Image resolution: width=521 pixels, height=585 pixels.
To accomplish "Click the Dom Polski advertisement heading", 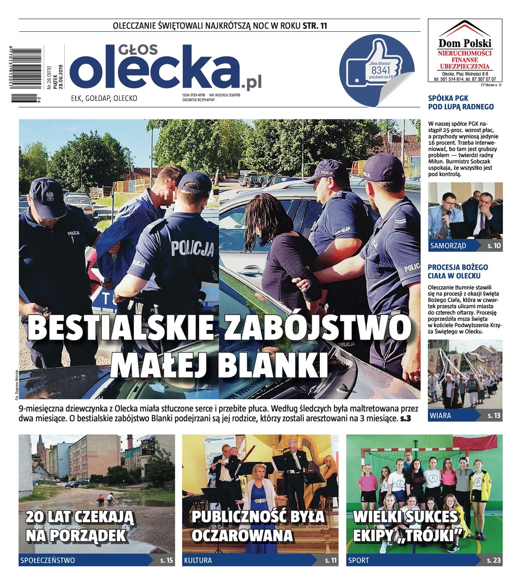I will coord(465,43).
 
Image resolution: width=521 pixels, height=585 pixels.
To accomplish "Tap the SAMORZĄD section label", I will coord(448,246).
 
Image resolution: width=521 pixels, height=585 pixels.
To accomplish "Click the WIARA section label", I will coord(440,416).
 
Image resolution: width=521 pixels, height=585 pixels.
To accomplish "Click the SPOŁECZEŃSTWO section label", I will coord(48,560).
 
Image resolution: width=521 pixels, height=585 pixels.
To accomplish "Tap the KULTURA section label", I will coord(198,560).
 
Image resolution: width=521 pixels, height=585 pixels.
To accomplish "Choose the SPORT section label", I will coord(358,560).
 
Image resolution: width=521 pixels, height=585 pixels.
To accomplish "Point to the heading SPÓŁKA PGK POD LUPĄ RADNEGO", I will coord(461,102).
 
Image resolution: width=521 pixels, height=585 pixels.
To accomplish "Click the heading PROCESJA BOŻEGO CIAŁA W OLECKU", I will coord(458,272).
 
